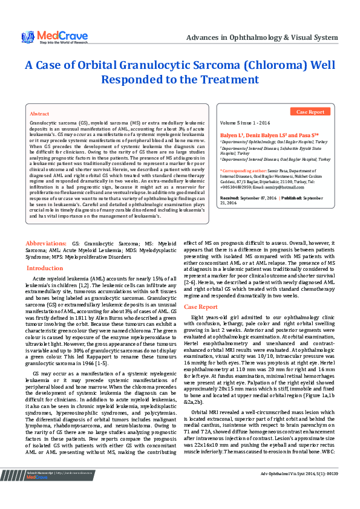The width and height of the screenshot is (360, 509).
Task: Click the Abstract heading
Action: (39, 114)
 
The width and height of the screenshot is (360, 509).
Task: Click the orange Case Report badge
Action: (310, 112)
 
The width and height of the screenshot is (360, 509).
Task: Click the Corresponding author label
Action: (243, 172)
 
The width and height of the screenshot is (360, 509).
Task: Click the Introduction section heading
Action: (45, 268)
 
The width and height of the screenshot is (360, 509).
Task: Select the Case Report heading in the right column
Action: (200, 307)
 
